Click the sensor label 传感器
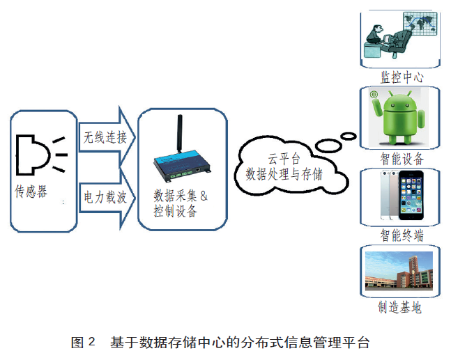tap(31, 191)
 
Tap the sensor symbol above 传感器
tap(41, 155)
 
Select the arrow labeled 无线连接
tap(107, 136)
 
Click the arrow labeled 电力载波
tap(107, 198)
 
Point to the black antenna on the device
tap(179, 133)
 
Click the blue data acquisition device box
tap(182, 167)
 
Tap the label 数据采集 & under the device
tap(181, 196)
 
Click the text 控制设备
tap(175, 211)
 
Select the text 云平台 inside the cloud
tap(284, 159)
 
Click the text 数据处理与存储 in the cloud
tap(284, 174)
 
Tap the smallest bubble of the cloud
tap(349, 136)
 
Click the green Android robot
tap(398, 117)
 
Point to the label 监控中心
tap(402, 77)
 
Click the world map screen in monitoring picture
tap(420, 24)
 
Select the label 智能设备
tap(402, 159)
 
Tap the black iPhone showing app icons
tap(411, 196)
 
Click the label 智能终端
tap(402, 235)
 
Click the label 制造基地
tap(400, 307)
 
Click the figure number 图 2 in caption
tap(83, 342)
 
